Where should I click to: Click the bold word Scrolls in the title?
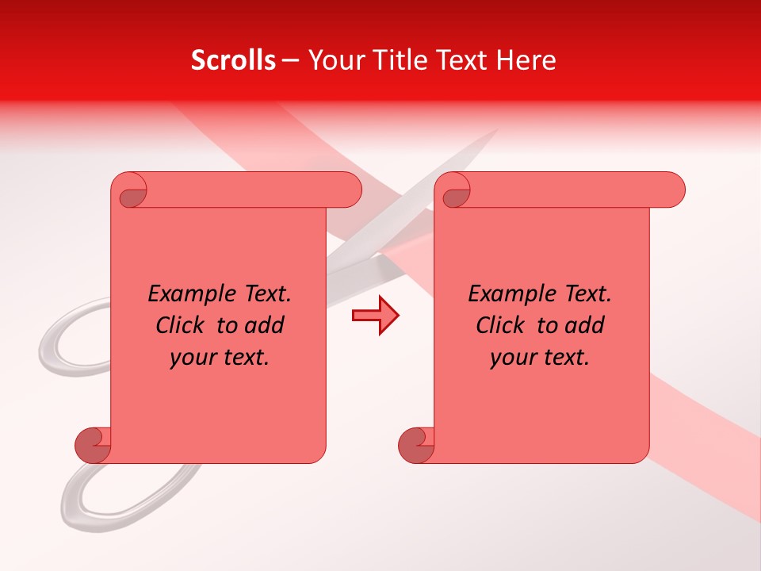[x=233, y=60]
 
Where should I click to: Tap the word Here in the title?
[x=526, y=60]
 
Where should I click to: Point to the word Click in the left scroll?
[x=182, y=325]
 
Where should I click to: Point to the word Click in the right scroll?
[x=502, y=325]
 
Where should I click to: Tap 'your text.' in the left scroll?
[x=220, y=358]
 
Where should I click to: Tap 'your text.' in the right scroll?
[x=540, y=358]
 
